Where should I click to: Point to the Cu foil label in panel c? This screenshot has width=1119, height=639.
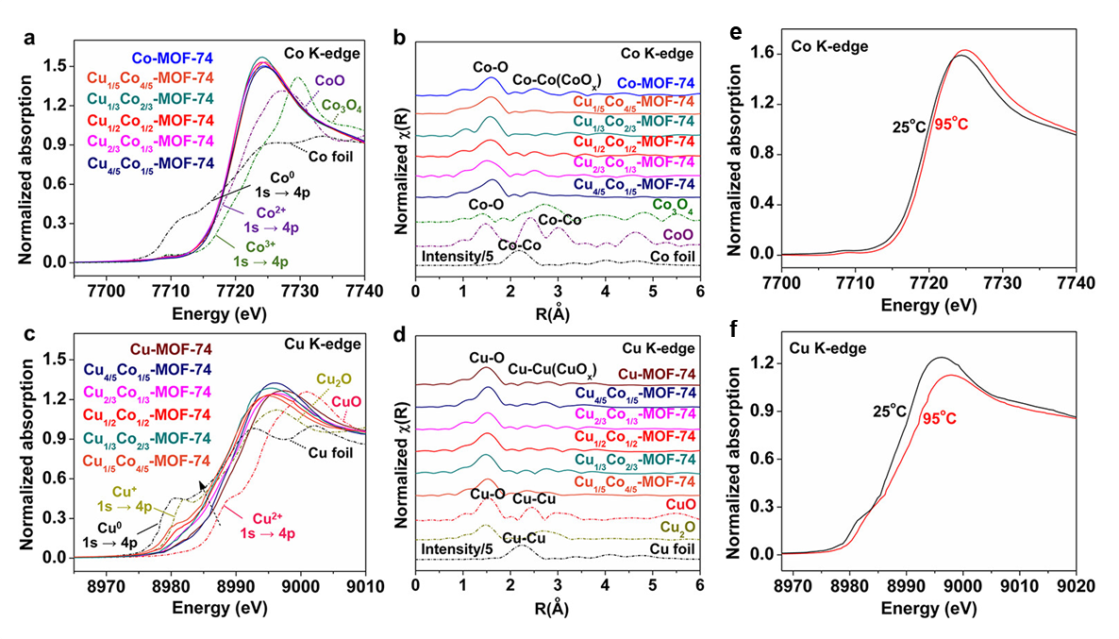pos(330,451)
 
